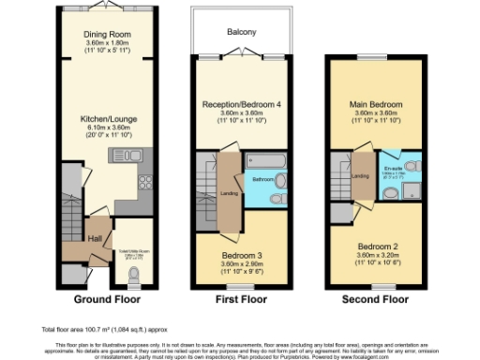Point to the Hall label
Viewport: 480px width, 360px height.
[95, 239]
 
